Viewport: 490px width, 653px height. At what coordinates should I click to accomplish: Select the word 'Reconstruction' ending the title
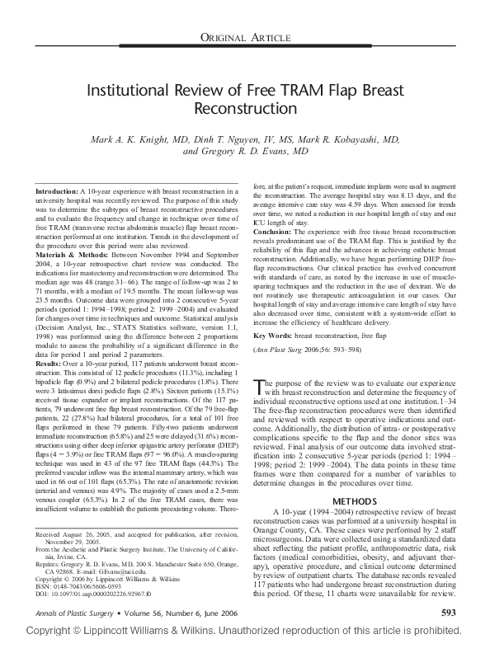244,109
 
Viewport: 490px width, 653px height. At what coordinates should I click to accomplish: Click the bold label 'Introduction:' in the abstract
60,191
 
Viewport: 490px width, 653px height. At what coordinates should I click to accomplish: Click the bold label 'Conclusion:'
276,232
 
